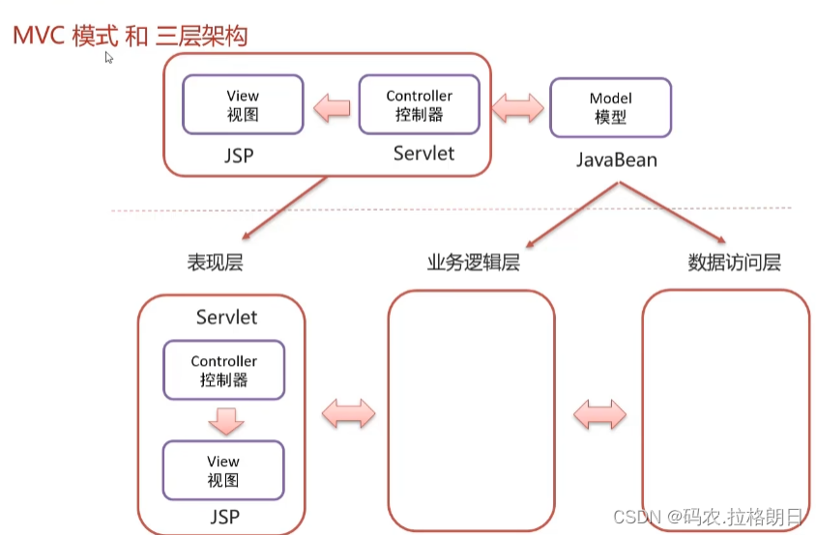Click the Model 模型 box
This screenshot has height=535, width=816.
coord(610,107)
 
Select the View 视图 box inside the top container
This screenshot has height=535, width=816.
coord(243,105)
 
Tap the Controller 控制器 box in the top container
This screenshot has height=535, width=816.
coord(419,105)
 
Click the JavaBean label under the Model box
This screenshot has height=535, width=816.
coord(616,159)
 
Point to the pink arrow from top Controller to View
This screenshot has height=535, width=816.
coord(332,106)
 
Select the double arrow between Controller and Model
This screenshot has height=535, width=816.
coord(517,106)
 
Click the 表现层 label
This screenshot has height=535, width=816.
coord(215,262)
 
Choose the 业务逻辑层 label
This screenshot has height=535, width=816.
coord(474,262)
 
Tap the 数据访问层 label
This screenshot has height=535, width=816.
coord(734,262)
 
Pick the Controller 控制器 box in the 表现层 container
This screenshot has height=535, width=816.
coord(224,370)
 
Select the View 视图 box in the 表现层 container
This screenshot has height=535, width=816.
coord(223,470)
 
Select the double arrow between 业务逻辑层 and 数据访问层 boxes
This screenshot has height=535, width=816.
coord(599,415)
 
